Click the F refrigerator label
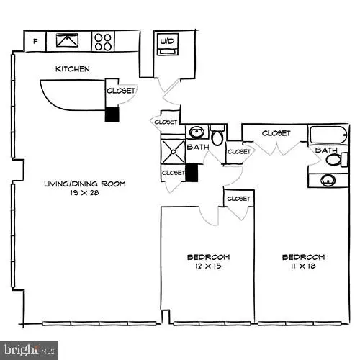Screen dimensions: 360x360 pyautogui.click(x=35, y=41)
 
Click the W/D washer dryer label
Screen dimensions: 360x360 pyautogui.click(x=167, y=41)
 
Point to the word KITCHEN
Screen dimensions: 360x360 pyautogui.click(x=73, y=69)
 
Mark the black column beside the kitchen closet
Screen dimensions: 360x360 pyautogui.click(x=112, y=114)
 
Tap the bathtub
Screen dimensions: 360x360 pyautogui.click(x=329, y=135)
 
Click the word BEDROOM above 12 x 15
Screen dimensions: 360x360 pyautogui.click(x=208, y=257)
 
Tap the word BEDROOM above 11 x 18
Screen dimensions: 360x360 pyautogui.click(x=302, y=257)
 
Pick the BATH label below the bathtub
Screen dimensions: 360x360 pyautogui.click(x=326, y=150)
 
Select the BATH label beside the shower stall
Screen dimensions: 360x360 pyautogui.click(x=198, y=147)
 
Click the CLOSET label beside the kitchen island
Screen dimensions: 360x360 pyautogui.click(x=120, y=91)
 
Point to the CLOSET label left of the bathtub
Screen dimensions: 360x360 pyautogui.click(x=276, y=133)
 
